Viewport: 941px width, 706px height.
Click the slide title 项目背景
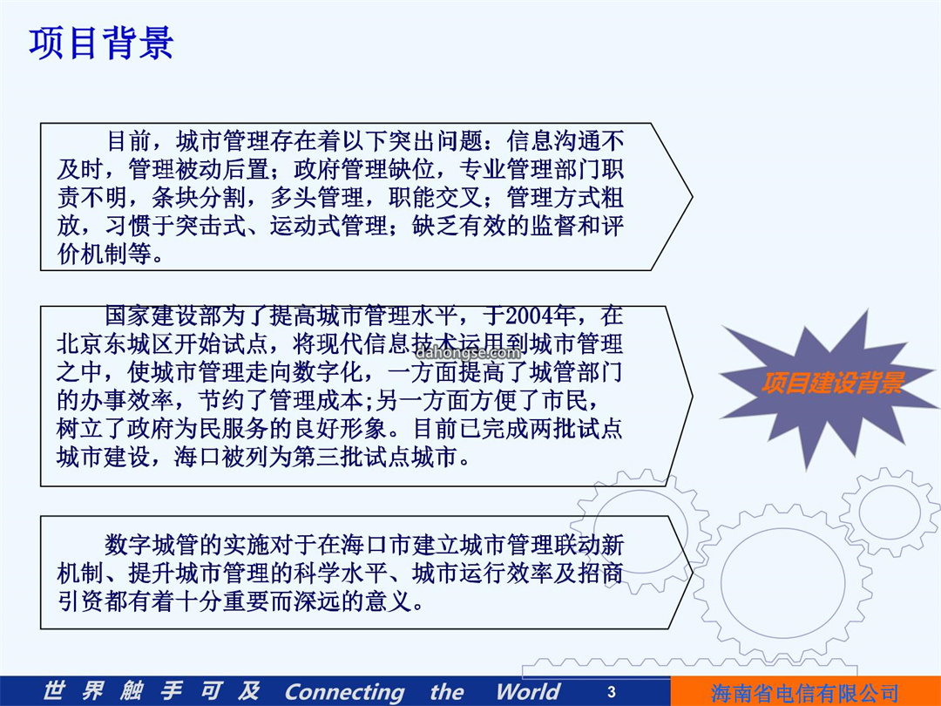click(x=101, y=43)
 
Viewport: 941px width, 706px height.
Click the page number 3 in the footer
click(x=611, y=691)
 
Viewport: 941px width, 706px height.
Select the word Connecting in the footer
click(x=345, y=691)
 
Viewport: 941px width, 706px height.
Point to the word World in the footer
click(x=529, y=691)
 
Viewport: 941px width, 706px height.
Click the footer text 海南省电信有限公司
click(x=804, y=694)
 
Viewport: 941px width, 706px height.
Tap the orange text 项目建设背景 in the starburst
click(x=833, y=383)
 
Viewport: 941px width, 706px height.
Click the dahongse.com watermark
click(x=468, y=353)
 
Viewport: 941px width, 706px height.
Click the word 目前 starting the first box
click(x=128, y=141)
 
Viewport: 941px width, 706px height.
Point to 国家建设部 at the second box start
click(x=163, y=316)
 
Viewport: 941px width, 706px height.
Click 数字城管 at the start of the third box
click(x=151, y=545)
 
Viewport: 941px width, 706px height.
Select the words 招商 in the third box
click(x=600, y=574)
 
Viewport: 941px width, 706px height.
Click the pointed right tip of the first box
click(x=693, y=196)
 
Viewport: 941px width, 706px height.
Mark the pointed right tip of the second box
click(x=693, y=397)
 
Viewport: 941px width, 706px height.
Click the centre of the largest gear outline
click(x=782, y=582)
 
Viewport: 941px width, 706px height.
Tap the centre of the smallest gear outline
click(x=890, y=513)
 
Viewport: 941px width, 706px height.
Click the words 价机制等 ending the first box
click(x=105, y=254)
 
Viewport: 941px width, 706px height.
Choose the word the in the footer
click(x=447, y=691)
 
